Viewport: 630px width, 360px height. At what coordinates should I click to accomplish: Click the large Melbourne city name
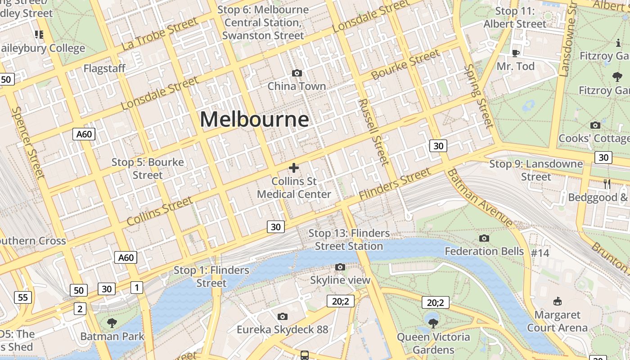(x=254, y=120)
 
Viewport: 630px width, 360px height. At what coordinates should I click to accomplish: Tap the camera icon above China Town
(x=297, y=73)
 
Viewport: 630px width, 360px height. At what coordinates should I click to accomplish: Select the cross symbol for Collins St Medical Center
(x=294, y=168)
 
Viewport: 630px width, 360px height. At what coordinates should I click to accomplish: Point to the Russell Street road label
(x=373, y=131)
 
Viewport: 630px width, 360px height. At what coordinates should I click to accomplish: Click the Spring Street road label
(x=479, y=96)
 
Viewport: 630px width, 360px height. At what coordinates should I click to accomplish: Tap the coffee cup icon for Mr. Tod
(x=516, y=53)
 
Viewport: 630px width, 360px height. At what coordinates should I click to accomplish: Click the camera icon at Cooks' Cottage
(x=595, y=125)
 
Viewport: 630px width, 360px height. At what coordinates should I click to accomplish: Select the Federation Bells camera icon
(x=484, y=238)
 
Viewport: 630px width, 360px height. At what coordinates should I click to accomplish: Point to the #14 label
(x=540, y=253)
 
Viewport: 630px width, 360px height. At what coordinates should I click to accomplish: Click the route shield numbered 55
(x=23, y=297)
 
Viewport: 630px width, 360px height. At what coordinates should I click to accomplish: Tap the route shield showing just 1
(x=136, y=287)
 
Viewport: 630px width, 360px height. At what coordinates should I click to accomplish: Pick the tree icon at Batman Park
(x=112, y=323)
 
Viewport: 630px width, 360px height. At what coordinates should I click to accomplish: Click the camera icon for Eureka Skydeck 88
(x=283, y=316)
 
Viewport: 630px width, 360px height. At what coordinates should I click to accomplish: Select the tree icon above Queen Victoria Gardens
(x=433, y=323)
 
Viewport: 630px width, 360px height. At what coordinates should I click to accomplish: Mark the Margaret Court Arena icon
(x=557, y=301)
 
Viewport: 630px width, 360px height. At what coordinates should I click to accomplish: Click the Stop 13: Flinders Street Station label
(x=349, y=239)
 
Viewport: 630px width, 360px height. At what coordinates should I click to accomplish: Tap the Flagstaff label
(x=104, y=68)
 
